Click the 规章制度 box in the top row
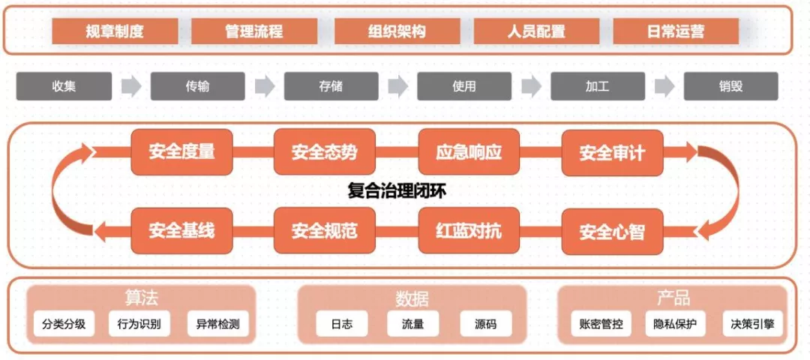[x=115, y=31]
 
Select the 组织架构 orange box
[x=397, y=31]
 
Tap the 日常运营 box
[x=676, y=31]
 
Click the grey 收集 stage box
[x=64, y=86]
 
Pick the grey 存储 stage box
[x=331, y=86]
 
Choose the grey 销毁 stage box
[x=730, y=86]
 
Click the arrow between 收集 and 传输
[x=131, y=86]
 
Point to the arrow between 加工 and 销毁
[x=664, y=86]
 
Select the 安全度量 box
[x=181, y=152]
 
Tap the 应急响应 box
[x=469, y=152]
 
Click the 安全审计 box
[x=612, y=152]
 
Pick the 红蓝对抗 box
[x=469, y=230]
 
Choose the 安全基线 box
[x=181, y=230]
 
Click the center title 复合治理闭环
[x=397, y=191]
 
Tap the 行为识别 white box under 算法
[x=139, y=324]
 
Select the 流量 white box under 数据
[x=412, y=324]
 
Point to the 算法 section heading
[x=141, y=298]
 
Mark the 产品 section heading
[x=673, y=298]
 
